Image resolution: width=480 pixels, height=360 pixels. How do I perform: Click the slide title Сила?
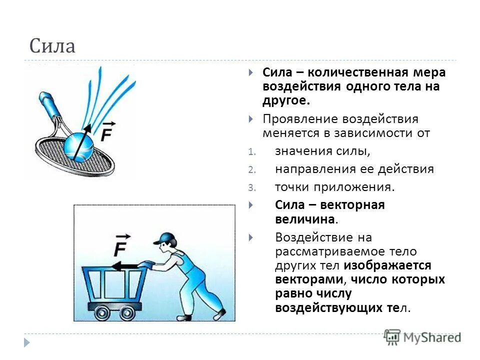point(52,46)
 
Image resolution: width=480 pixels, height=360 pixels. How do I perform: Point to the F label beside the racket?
point(107,132)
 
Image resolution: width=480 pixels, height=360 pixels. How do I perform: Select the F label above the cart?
point(121,245)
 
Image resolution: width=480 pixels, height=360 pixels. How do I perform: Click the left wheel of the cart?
point(102,312)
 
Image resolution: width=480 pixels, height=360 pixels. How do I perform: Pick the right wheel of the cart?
point(126,312)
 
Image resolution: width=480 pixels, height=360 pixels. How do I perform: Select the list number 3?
point(251,188)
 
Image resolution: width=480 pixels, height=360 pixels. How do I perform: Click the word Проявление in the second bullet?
point(300,119)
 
